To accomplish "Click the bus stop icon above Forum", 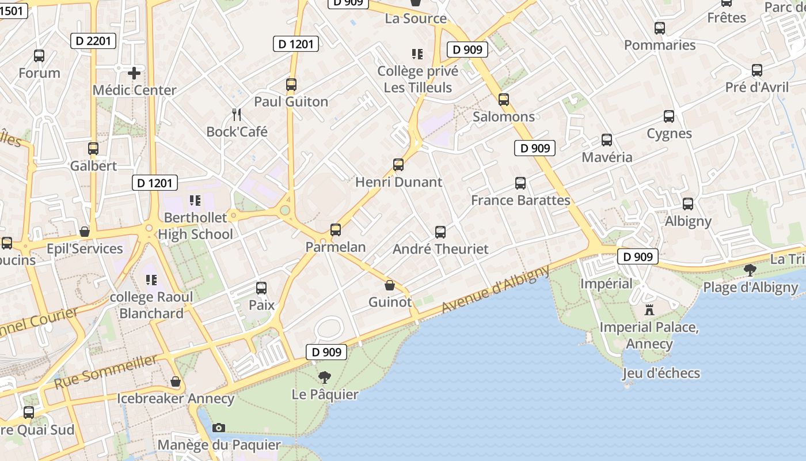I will (39, 56).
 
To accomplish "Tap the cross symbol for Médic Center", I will (134, 73).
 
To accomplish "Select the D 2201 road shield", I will (93, 40).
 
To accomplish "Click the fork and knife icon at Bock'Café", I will (236, 114).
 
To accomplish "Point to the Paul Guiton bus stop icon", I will (291, 85).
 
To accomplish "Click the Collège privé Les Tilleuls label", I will (418, 79).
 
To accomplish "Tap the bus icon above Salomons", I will (504, 100).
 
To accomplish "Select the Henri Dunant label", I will (398, 182).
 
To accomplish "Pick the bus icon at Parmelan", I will (336, 230).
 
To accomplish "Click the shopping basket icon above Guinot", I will (390, 285).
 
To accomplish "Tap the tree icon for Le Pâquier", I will (325, 377).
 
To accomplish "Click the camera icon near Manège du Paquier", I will (219, 428).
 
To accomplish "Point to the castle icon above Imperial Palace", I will (649, 310).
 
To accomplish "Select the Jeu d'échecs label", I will (661, 373).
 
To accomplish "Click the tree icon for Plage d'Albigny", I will (750, 270).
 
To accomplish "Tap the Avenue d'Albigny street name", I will (496, 290).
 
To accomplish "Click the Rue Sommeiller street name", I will (106, 372).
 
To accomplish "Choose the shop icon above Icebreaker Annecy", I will (176, 381).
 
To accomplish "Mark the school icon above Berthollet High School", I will (195, 201).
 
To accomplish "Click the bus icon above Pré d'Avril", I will (757, 70).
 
